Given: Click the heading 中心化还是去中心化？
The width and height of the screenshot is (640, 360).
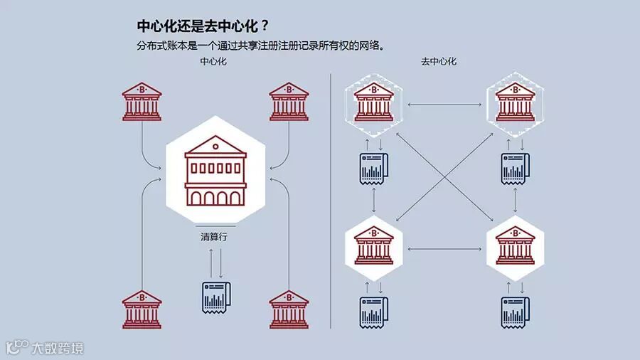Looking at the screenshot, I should coord(203,26).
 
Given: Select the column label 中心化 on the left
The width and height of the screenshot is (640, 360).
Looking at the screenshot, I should coord(214,61).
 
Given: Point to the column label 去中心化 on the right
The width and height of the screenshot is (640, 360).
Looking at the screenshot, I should coord(439,61).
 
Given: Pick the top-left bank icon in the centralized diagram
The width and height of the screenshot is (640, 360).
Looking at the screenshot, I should coord(142,101).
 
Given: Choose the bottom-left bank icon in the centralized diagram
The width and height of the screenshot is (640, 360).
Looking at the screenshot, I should coord(142,309).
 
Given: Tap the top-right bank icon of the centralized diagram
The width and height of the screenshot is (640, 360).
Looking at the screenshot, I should coord(289,101).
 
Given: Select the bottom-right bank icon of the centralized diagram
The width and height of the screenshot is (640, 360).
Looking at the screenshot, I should coord(289,309).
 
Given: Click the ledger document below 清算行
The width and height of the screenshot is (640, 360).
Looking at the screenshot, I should coord(215,297).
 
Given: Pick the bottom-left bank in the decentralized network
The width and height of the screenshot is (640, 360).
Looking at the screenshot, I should coord(373,245).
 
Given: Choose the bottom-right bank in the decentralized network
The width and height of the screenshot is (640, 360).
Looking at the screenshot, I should coord(516,245).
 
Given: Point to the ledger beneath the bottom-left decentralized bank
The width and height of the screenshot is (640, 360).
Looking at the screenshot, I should coord(373,312).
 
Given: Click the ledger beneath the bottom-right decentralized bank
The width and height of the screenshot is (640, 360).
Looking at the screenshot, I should coord(516,312).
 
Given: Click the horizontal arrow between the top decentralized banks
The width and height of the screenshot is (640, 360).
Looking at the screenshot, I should coord(444,106).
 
